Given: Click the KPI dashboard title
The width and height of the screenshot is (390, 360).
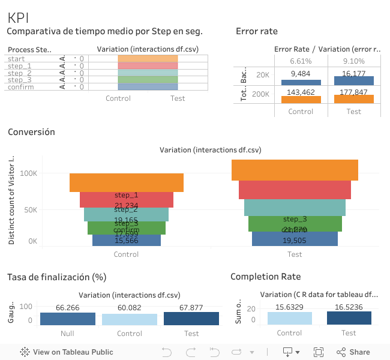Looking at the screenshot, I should [x=18, y=18].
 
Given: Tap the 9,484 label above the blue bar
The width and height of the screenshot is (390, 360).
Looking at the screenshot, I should [x=301, y=73].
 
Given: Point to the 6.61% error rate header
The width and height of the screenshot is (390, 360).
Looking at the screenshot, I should [x=301, y=61].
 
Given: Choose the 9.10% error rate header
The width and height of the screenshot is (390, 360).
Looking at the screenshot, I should [x=353, y=61].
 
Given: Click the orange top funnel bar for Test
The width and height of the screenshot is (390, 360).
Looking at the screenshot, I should [x=295, y=170].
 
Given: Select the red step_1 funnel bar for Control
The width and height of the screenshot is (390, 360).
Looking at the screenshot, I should [x=127, y=200].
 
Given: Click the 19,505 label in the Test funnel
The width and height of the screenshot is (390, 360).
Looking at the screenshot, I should [x=295, y=240].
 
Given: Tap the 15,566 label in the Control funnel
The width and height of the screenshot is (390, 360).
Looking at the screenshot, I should [x=127, y=240].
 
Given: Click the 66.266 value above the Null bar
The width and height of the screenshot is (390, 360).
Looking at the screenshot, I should [x=68, y=308].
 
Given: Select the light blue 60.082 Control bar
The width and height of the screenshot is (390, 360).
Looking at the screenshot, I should [x=130, y=319].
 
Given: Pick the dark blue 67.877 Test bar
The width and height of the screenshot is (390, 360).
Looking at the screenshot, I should [x=191, y=319].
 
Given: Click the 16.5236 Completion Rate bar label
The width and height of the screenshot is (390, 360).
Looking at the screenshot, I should [x=349, y=307].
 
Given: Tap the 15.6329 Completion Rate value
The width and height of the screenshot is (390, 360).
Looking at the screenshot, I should [x=289, y=307].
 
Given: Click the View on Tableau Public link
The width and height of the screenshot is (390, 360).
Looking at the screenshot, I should [x=67, y=352].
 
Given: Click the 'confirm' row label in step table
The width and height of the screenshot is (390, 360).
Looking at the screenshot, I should [x=20, y=87].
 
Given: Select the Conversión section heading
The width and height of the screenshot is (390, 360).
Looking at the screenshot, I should [x=31, y=132].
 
